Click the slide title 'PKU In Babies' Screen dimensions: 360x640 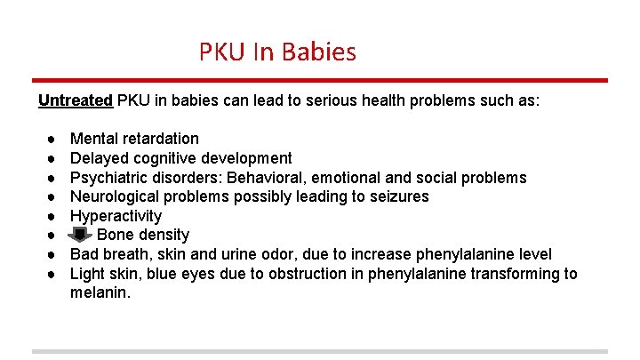277,52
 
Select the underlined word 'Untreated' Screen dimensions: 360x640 76,100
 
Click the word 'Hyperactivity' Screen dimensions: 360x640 116,216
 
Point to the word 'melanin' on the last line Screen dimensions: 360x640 99,292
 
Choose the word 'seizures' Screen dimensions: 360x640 397,196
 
